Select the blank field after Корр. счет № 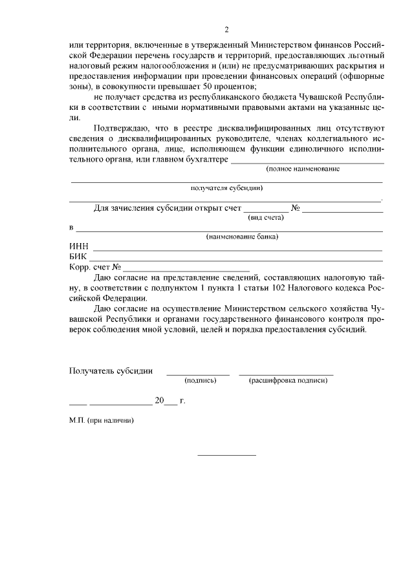point(187,269)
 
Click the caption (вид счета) point(267,218)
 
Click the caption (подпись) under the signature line point(200,381)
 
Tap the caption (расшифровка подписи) point(288,381)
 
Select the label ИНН point(79,247)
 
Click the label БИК point(78,257)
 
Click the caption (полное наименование point(303,169)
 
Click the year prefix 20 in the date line point(159,401)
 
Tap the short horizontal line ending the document point(226,455)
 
